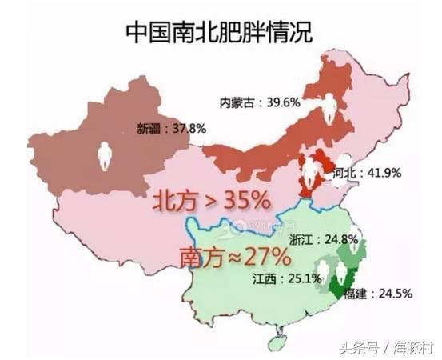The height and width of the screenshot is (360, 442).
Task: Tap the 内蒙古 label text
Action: [x=237, y=102]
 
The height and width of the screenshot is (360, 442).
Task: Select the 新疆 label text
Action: [x=148, y=127]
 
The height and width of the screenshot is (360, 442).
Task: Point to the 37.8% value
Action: [x=186, y=127]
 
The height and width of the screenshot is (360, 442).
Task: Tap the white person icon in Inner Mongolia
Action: [x=330, y=104]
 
